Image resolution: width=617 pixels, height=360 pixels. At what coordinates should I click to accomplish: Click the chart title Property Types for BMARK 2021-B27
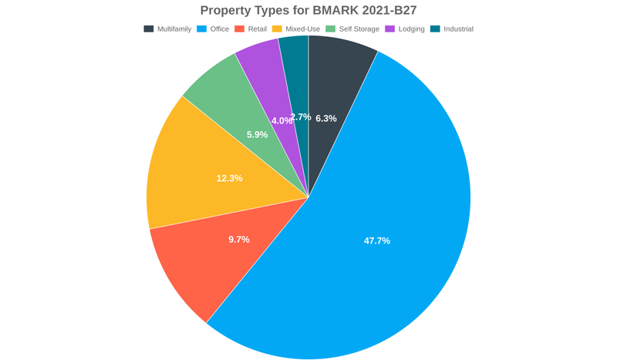tap(308, 10)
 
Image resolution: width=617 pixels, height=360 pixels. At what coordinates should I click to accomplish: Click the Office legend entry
tap(214, 29)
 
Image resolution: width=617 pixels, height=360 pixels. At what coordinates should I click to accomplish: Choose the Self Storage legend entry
tap(352, 29)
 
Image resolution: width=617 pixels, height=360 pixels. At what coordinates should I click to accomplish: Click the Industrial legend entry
tap(451, 29)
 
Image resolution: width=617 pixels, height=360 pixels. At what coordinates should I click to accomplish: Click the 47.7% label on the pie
tap(377, 241)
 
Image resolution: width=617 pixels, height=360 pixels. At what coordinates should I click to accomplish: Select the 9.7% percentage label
tap(239, 240)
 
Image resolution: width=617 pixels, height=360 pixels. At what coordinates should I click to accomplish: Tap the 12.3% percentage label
tap(230, 178)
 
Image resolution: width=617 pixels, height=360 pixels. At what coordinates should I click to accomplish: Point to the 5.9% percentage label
tap(258, 135)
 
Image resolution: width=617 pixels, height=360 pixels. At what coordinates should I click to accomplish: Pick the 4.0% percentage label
tap(282, 121)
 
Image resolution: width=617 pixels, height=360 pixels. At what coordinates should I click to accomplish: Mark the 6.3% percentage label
tap(326, 119)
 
